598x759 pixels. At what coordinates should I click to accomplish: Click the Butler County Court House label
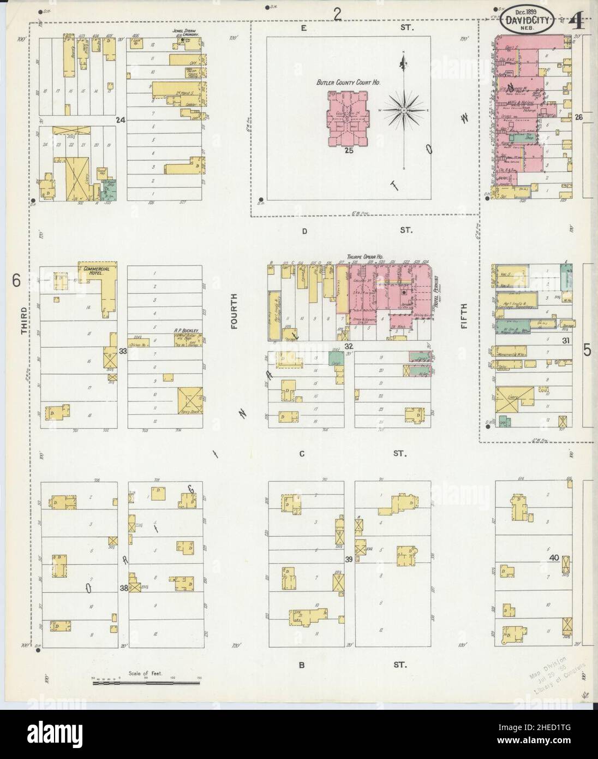[x=348, y=82]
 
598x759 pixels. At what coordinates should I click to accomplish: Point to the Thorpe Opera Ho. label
[x=366, y=257]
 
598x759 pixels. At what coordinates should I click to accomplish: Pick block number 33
[x=123, y=351]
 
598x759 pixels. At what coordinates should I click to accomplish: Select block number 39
[x=349, y=559]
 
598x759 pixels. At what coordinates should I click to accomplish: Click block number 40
[x=554, y=558]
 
